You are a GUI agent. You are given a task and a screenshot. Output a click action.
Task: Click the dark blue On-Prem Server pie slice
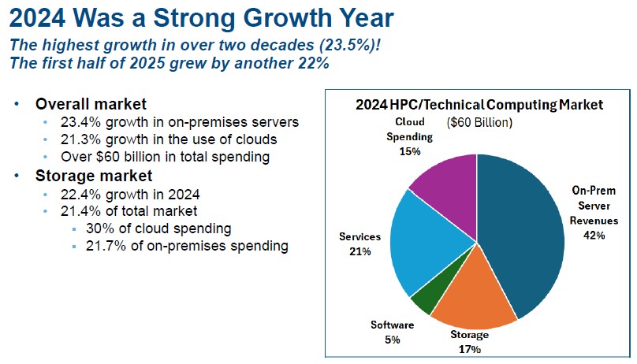coord(524,236)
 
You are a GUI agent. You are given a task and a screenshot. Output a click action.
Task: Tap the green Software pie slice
coord(421,299)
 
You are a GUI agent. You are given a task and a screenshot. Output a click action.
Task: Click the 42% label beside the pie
coord(594,235)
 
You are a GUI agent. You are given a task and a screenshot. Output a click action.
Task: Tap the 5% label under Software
coord(393,340)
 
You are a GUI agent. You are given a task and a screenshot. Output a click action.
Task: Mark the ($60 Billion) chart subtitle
coord(480,123)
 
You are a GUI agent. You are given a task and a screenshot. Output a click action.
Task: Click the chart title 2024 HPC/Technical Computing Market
coord(479,104)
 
